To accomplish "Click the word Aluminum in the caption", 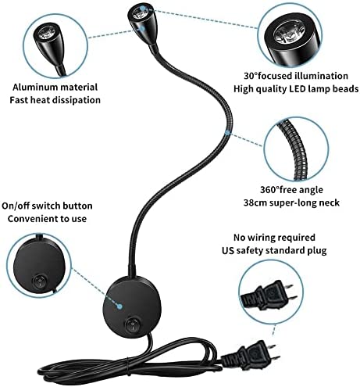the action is [x=30, y=88].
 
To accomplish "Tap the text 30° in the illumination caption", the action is [x=251, y=76].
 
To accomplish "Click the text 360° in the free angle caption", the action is [x=269, y=190].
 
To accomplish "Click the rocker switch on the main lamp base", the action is [x=132, y=324].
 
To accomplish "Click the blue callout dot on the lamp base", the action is [x=119, y=306].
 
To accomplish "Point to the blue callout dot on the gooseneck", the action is [x=227, y=133].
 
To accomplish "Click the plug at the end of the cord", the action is [x=251, y=354].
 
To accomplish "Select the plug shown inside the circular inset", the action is [x=269, y=295].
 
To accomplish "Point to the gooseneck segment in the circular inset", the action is [x=295, y=150].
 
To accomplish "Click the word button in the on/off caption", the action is [x=77, y=206].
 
